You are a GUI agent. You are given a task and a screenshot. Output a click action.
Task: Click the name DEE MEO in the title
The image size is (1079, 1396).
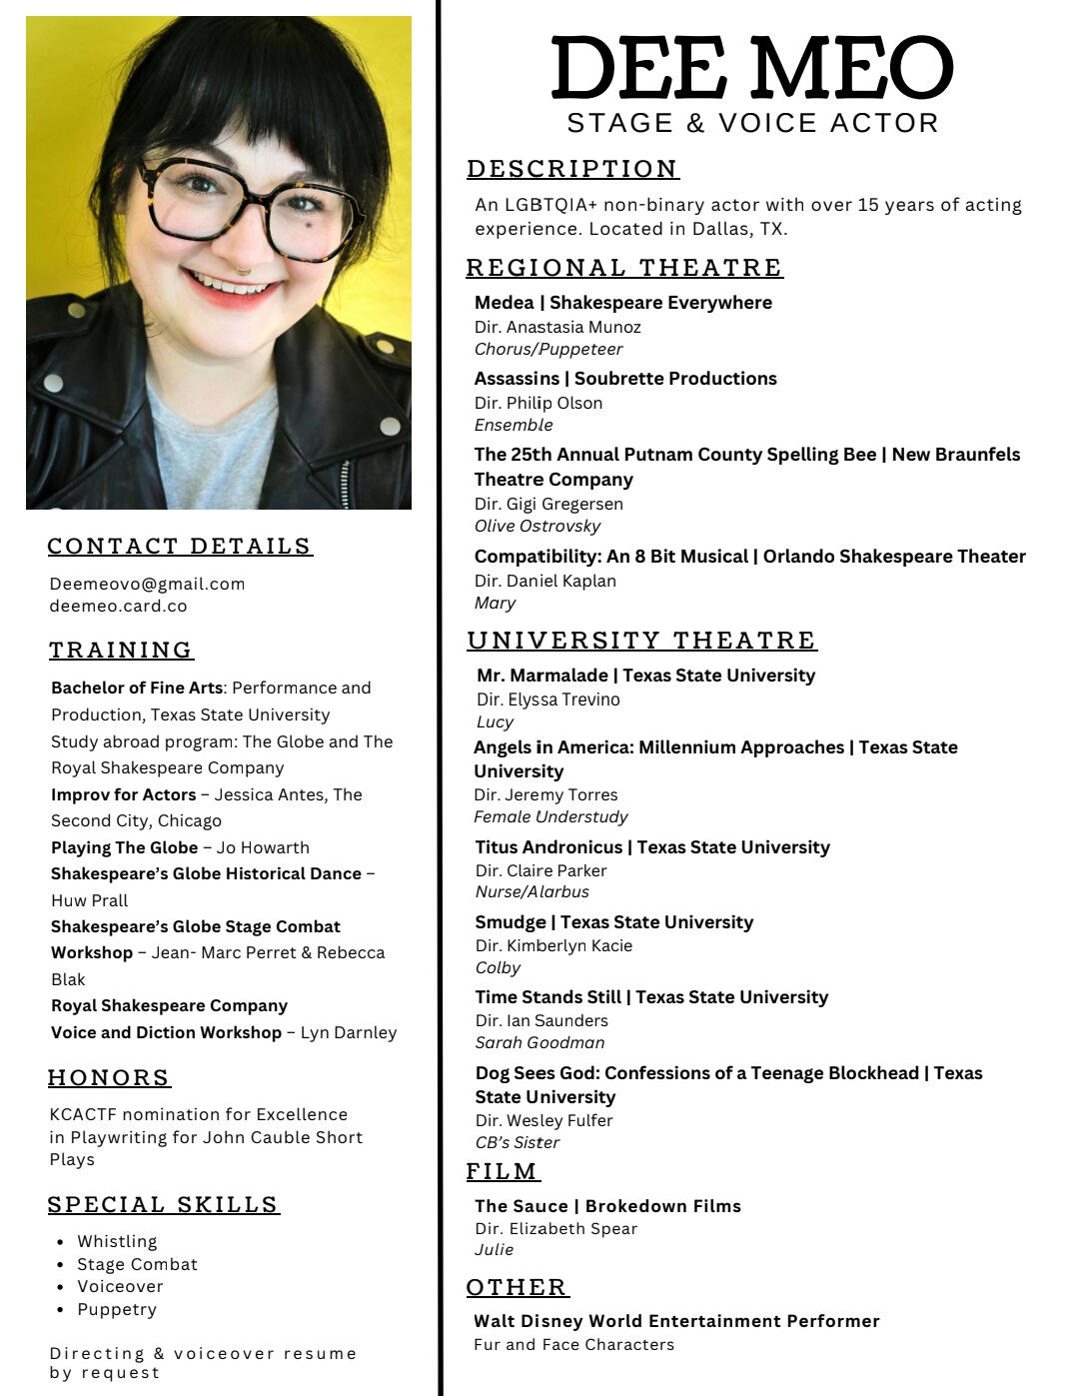point(751,68)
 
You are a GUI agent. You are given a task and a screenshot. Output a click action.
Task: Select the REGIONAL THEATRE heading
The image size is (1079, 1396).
point(624,268)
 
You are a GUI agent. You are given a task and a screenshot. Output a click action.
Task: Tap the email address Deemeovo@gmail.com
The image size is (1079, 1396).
point(147,584)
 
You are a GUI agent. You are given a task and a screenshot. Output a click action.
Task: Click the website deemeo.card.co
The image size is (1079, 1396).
point(118,606)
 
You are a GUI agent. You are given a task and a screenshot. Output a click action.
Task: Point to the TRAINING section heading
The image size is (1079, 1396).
point(121,650)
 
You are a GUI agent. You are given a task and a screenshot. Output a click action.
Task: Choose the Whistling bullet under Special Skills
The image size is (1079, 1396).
point(117,1241)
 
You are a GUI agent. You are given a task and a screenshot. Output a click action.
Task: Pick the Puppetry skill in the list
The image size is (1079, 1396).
point(117,1309)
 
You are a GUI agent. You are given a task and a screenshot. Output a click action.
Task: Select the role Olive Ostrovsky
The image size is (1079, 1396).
point(538,526)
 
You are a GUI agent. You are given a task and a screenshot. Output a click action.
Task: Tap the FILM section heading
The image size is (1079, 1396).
point(503,1171)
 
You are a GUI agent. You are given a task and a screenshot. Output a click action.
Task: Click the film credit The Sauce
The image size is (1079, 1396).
point(521,1206)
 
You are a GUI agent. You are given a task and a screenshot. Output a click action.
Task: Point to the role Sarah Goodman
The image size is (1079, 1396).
point(539,1042)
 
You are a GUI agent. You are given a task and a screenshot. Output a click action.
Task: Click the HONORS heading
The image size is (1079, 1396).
point(109,1077)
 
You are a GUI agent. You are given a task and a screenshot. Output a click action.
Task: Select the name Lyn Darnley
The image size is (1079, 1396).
point(349,1032)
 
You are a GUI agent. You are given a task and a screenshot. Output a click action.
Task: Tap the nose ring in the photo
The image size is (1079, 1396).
point(242,270)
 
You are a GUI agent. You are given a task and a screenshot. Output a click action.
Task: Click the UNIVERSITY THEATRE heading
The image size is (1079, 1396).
point(641,641)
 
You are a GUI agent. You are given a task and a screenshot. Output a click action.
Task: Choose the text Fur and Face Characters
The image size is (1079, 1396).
point(573,1345)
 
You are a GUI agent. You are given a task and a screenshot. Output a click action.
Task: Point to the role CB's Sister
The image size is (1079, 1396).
point(518,1142)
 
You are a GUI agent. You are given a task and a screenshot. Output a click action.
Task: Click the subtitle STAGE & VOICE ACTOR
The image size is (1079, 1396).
point(752,123)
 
